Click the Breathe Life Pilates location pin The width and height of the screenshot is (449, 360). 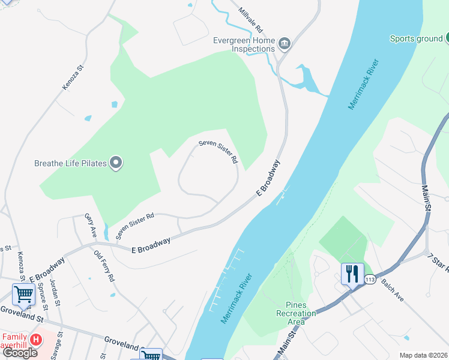116,163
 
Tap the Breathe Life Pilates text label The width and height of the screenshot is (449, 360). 70,163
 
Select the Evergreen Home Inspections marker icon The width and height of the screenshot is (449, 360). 285,43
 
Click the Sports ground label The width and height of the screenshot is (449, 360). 415,38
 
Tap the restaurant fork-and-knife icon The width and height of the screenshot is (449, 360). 352,274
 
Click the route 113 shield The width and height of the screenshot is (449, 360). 370,280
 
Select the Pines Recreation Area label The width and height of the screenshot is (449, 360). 296,313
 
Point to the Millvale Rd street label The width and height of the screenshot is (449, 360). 251,20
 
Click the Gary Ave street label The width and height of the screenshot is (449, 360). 91,226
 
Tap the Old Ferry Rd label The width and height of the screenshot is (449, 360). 104,266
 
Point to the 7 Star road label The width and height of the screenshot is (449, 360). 439,264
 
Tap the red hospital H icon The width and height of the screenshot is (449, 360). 36,340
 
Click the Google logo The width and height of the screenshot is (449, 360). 20,353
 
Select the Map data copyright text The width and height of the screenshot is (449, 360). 423,355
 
